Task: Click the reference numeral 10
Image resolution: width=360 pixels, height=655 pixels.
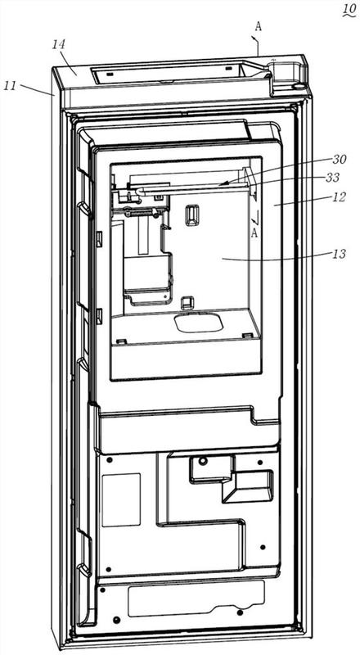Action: [x=349, y=8]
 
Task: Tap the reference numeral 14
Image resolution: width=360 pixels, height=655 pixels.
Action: [x=59, y=44]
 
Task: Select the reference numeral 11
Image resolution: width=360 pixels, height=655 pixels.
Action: [x=10, y=86]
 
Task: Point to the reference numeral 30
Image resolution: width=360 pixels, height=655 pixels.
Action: [x=340, y=159]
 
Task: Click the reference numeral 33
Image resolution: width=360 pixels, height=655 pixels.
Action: [x=340, y=178]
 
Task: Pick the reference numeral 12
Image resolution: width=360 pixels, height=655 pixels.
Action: [x=340, y=197]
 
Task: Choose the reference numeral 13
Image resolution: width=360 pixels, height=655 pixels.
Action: [x=340, y=253]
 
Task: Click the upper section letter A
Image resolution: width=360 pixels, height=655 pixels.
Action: [x=259, y=26]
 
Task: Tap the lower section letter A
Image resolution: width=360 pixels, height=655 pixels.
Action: [x=254, y=233]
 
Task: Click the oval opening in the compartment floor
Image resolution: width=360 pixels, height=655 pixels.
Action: [x=198, y=323]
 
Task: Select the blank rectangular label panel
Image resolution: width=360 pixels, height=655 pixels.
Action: [x=121, y=499]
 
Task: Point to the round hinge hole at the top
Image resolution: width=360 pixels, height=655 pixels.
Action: [x=299, y=86]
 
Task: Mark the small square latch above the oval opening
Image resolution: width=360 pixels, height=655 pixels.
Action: [x=186, y=302]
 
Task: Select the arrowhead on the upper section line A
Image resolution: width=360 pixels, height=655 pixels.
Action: [x=253, y=38]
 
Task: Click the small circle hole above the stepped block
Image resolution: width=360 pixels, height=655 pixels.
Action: [x=203, y=461]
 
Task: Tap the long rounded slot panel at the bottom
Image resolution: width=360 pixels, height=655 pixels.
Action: [x=196, y=599]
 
